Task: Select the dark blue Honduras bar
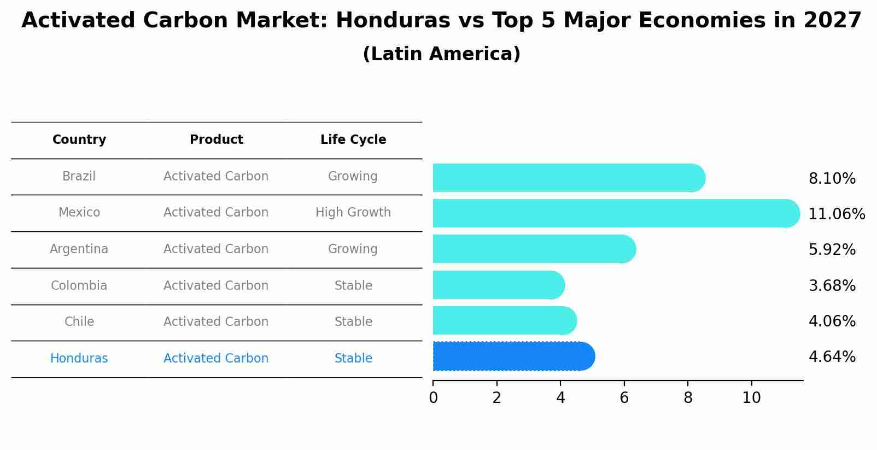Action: [513, 357]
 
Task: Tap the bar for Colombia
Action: [498, 285]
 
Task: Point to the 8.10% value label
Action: [832, 179]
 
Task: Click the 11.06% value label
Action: [836, 214]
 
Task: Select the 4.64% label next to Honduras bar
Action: [832, 357]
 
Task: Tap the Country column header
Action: [79, 140]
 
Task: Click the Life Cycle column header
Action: [353, 140]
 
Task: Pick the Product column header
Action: [216, 140]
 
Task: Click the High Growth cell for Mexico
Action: [353, 213]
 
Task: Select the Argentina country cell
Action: [79, 249]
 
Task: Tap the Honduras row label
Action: [79, 359]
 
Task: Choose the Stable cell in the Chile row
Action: [353, 322]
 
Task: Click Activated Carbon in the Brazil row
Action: [216, 177]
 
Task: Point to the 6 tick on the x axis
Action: [624, 398]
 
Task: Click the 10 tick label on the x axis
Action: [751, 398]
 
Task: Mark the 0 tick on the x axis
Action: [433, 398]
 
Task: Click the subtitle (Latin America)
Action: [441, 54]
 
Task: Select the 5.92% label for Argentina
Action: [832, 250]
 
